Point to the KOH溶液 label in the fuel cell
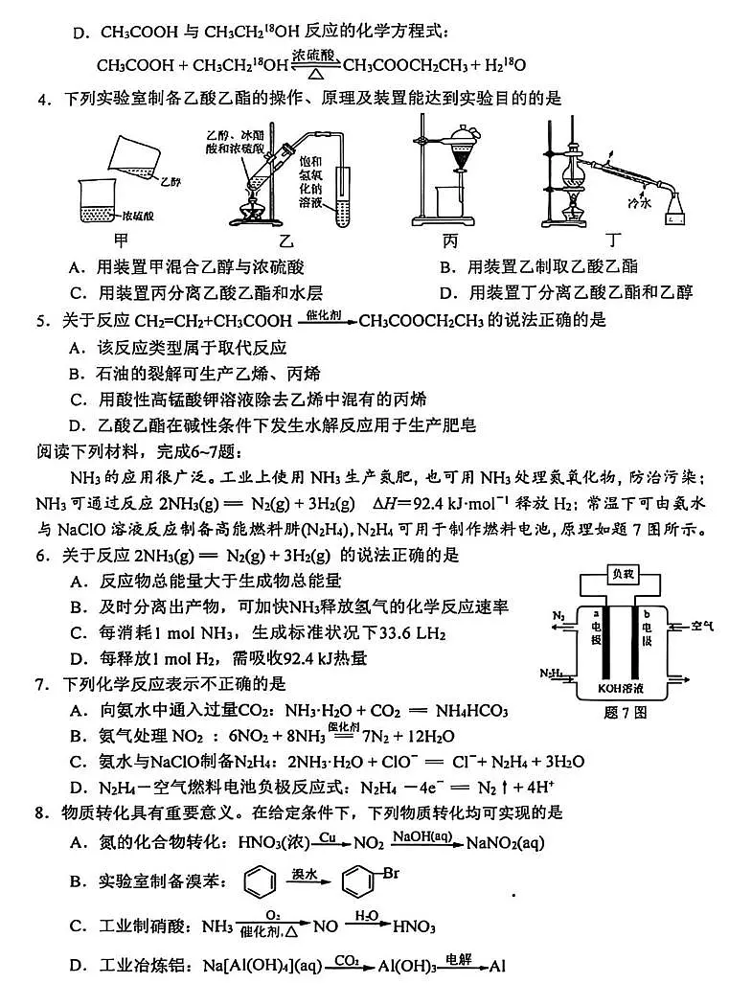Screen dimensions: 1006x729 [624, 688]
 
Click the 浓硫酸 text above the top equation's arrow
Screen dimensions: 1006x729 [315, 57]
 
